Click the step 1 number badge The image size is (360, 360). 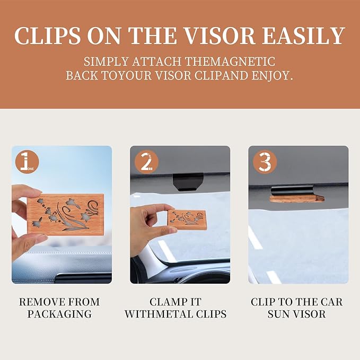coord(26,161)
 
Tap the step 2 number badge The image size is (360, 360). coord(146,161)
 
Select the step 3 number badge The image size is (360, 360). coord(264,161)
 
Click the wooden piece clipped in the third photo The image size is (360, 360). coord(297,198)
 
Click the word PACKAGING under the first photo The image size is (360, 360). coord(59,314)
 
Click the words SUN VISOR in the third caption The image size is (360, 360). coord(297,314)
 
